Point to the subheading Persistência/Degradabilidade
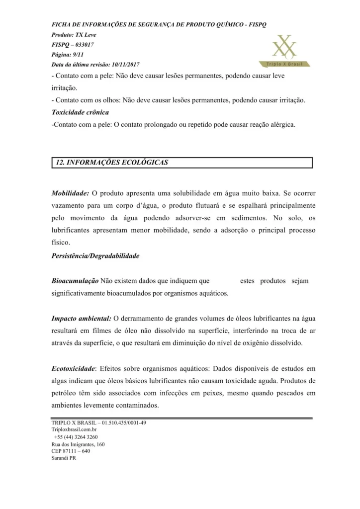pyautogui.click(x=95, y=256)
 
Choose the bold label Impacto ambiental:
pyautogui.click(x=81, y=319)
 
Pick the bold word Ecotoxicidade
pyautogui.click(x=73, y=369)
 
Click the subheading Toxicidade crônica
pyautogui.click(x=80, y=112)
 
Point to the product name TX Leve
pyautogui.click(x=86, y=35)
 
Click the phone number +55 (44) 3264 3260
pyautogui.click(x=76, y=437)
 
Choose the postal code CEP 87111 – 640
pyautogui.click(x=71, y=451)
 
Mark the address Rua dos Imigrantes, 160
pyautogui.click(x=78, y=444)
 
